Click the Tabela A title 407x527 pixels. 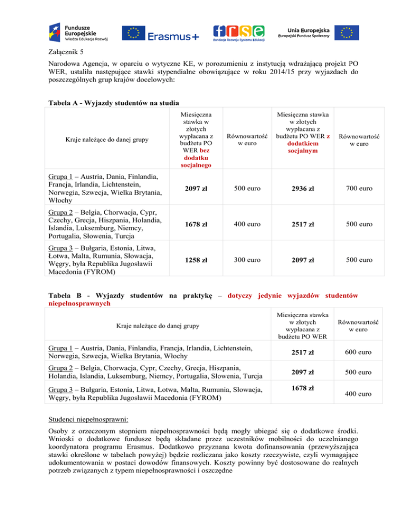tap(103, 102)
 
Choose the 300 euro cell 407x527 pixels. tap(243, 260)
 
